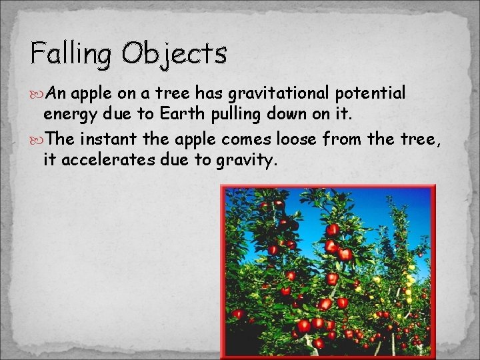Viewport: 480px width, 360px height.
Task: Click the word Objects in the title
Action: (175, 53)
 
